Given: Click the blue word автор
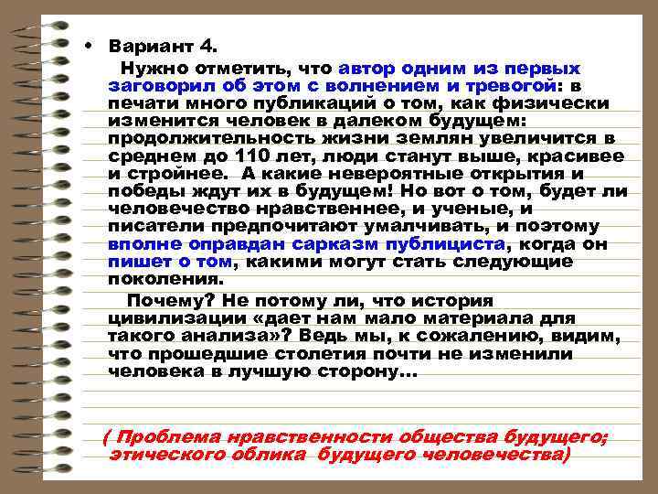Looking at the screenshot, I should [369, 69].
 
